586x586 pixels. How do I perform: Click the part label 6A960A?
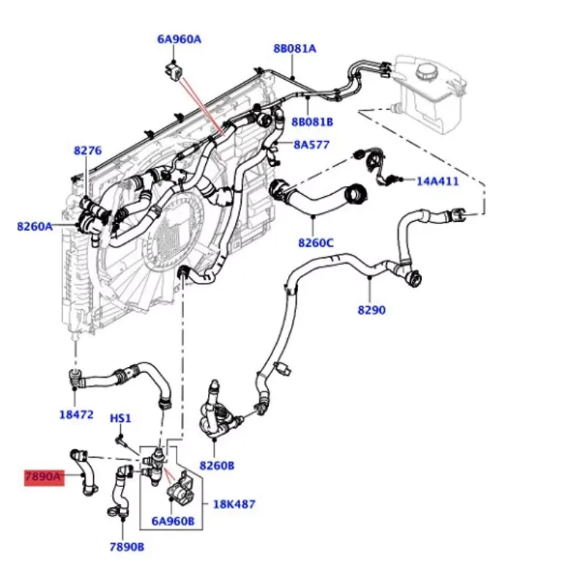[x=178, y=40]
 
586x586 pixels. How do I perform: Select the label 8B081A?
[x=294, y=48]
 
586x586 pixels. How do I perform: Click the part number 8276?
[x=87, y=151]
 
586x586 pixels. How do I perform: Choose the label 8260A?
[x=35, y=226]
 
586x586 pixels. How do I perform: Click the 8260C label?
[x=316, y=242]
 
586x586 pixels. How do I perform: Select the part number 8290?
[x=371, y=310]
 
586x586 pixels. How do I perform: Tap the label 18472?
[x=76, y=414]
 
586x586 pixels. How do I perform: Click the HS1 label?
[x=120, y=418]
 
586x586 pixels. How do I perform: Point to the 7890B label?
[x=127, y=546]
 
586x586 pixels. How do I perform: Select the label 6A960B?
[x=173, y=522]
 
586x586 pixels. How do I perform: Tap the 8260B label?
[x=217, y=465]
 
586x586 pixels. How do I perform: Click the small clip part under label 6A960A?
[x=174, y=71]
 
